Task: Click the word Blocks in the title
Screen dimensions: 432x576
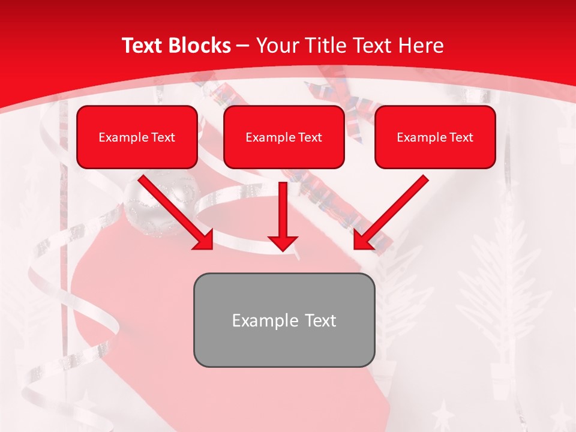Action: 198,46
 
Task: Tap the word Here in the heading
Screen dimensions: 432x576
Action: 420,46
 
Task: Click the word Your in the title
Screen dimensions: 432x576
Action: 277,46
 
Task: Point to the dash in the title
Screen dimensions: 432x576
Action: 243,46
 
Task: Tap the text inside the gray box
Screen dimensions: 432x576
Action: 284,320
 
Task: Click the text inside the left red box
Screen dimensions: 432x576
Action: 137,137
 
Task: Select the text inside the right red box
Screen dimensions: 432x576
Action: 435,137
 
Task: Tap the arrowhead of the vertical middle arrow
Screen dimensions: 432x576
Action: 283,242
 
